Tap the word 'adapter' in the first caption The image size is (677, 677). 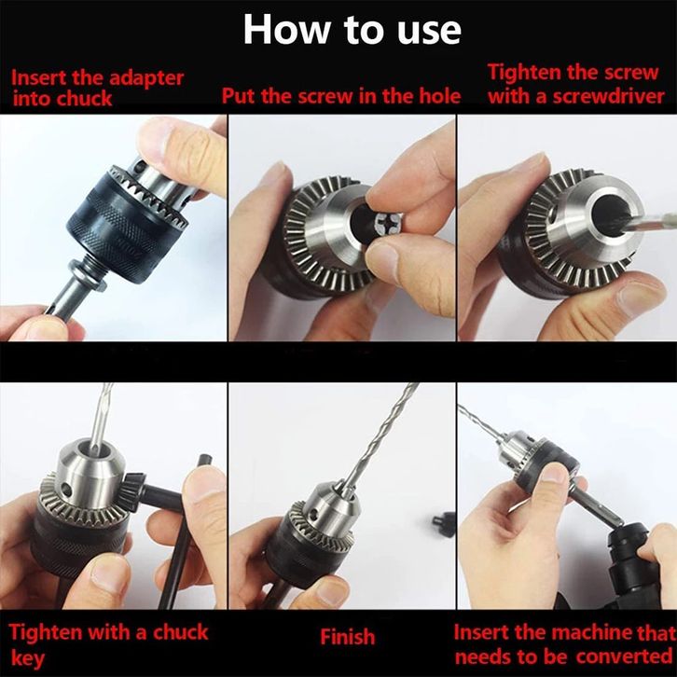coord(145,78)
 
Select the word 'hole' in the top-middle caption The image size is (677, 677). coord(439,95)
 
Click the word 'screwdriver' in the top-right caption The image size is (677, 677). coord(608,96)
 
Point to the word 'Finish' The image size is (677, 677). coord(348,637)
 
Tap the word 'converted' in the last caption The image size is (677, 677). coord(624,656)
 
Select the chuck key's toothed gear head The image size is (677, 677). coord(136,489)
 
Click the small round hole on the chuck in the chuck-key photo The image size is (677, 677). coord(65,489)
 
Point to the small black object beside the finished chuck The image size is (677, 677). coord(444,524)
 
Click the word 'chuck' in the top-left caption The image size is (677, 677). coord(85,99)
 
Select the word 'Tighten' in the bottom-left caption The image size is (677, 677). coord(46,633)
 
